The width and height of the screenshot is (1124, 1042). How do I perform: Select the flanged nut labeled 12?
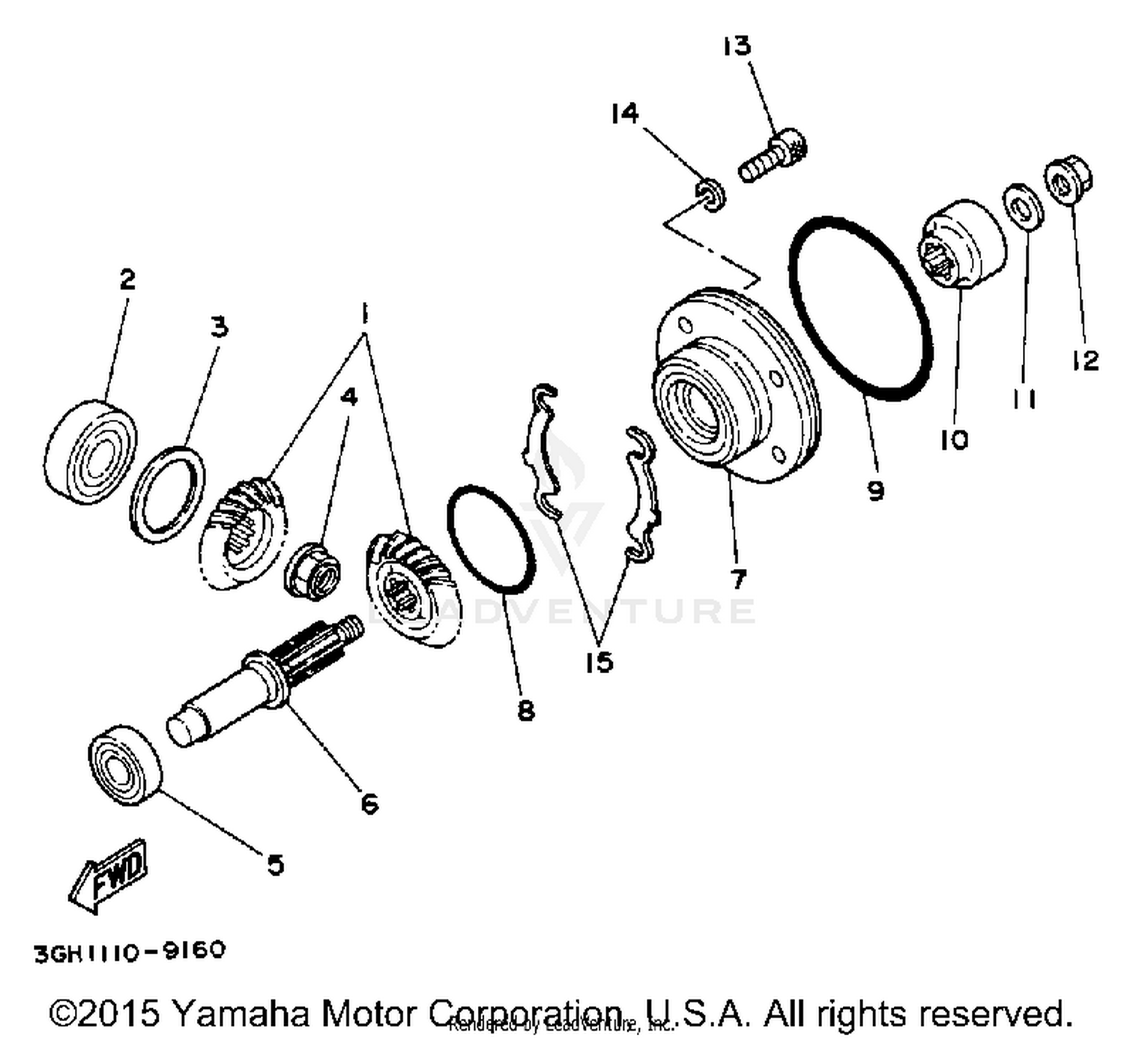coord(1068,178)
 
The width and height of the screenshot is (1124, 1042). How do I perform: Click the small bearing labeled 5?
coord(124,765)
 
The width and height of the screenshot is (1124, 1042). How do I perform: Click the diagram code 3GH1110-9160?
coord(130,951)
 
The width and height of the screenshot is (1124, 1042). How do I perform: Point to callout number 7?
coord(738,579)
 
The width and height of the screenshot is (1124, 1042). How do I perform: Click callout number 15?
coord(599,662)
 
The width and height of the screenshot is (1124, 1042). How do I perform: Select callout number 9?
coord(875,491)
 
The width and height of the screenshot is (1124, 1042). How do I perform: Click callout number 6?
coord(369,804)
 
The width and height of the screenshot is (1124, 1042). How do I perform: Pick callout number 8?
coord(526,710)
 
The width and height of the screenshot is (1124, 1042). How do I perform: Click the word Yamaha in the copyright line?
coord(241,1014)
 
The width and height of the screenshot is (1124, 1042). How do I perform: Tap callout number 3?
coord(218,327)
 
